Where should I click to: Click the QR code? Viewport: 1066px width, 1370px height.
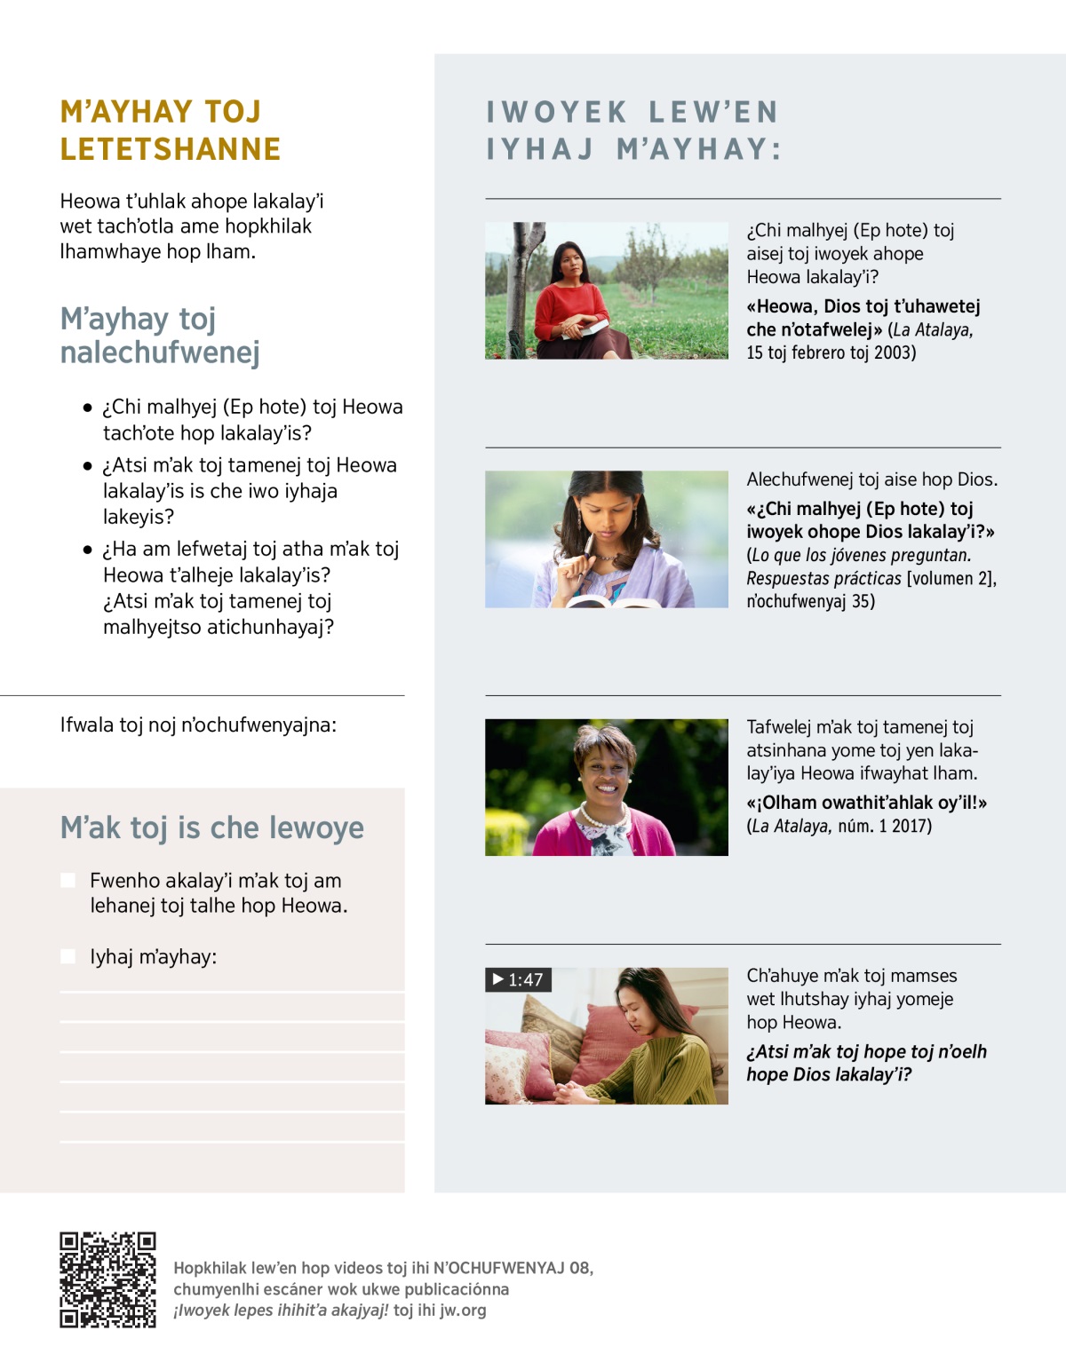tap(107, 1279)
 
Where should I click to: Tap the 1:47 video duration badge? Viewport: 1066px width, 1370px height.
tap(519, 980)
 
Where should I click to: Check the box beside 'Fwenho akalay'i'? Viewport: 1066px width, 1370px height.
tap(68, 880)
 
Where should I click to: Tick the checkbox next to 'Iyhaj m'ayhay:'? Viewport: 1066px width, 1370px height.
tap(68, 956)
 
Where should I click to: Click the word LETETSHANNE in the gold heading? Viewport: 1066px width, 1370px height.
tap(171, 149)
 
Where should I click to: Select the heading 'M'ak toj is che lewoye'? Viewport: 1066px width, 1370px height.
tap(211, 828)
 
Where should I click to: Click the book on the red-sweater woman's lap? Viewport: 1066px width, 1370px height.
tap(585, 329)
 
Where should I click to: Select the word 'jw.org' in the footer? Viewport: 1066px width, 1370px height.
tap(462, 1310)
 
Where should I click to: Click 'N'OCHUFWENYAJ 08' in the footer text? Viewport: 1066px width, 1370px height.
tap(512, 1268)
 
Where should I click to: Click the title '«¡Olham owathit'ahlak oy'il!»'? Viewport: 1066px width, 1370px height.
tap(866, 803)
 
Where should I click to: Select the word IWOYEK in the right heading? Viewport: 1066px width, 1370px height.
tap(557, 112)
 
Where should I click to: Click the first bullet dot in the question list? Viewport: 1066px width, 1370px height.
tap(87, 408)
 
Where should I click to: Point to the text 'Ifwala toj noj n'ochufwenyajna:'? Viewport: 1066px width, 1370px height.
tap(198, 725)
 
